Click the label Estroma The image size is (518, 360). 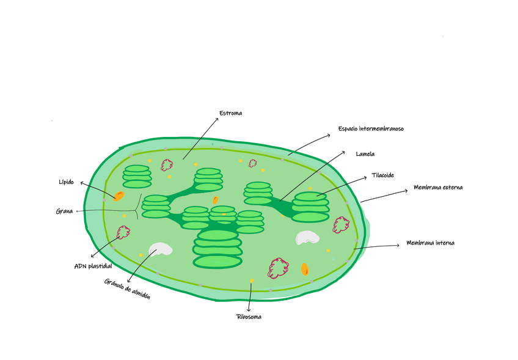tap(230, 113)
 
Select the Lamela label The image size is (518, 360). tap(365, 154)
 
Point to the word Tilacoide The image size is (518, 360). tap(382, 175)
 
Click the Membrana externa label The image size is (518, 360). tap(438, 188)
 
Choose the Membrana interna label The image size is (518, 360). tap(430, 243)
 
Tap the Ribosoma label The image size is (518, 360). tap(249, 317)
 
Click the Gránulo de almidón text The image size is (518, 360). tap(128, 288)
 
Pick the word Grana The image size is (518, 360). tap(64, 212)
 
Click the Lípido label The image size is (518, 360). tap(67, 182)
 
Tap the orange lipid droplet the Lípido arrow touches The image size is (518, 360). tap(118, 196)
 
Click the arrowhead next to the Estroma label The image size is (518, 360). tap(216, 119)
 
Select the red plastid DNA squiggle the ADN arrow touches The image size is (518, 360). tap(123, 232)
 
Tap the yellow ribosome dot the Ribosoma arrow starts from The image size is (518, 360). tap(251, 281)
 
